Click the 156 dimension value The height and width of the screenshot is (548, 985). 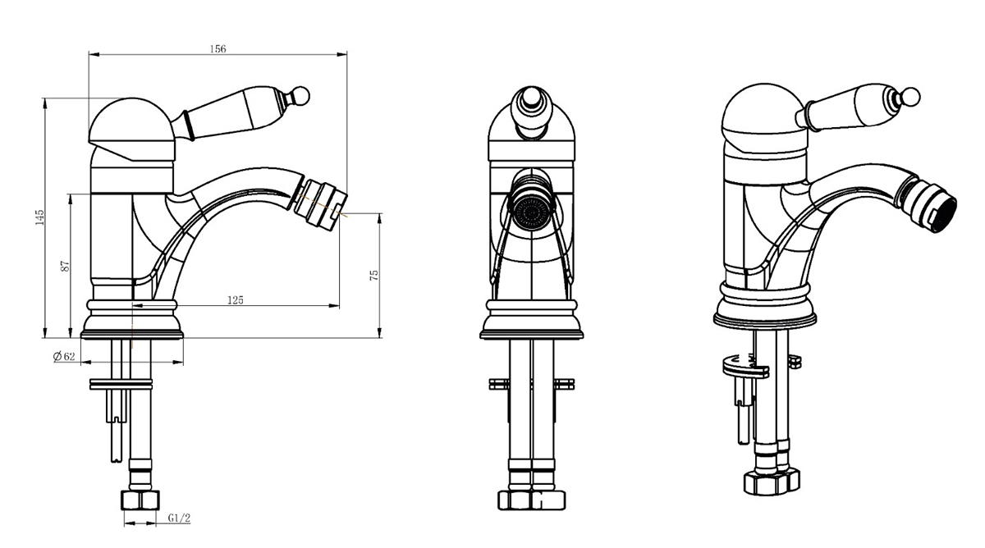pos(218,48)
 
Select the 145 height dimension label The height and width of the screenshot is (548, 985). pos(39,217)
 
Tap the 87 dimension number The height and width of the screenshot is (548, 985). pos(65,266)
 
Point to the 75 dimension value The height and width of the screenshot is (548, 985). pos(373,276)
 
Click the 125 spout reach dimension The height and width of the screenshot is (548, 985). pos(236,300)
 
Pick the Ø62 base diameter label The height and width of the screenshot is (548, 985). pos(64,356)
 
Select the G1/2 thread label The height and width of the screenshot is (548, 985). pos(179,518)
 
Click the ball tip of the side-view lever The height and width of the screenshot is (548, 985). pos(301,96)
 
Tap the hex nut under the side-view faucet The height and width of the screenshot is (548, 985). pos(140,500)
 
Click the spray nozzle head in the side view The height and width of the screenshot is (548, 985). pos(321,203)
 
